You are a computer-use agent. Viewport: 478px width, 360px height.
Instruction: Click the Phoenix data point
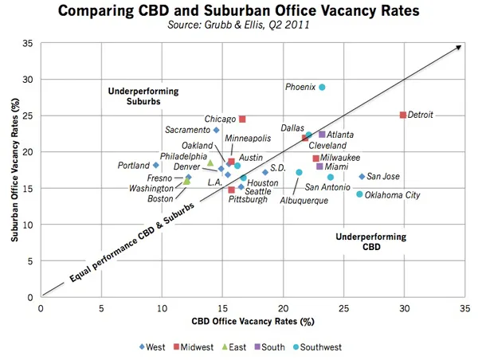[322, 87]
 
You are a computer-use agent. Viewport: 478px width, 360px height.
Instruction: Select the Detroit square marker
[403, 115]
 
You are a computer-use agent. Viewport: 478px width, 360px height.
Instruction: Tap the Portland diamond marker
[156, 166]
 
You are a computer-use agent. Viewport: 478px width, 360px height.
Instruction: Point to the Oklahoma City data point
[359, 194]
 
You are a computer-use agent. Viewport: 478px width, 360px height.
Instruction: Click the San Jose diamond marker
[362, 177]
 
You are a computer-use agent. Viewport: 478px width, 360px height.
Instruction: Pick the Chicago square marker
[242, 119]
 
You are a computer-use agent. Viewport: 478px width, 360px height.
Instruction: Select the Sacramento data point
[216, 130]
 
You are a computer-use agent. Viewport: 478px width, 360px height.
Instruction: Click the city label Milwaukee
[341, 158]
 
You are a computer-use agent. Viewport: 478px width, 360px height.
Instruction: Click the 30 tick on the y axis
[30, 79]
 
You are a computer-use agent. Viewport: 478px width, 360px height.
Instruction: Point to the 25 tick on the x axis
[343, 307]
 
